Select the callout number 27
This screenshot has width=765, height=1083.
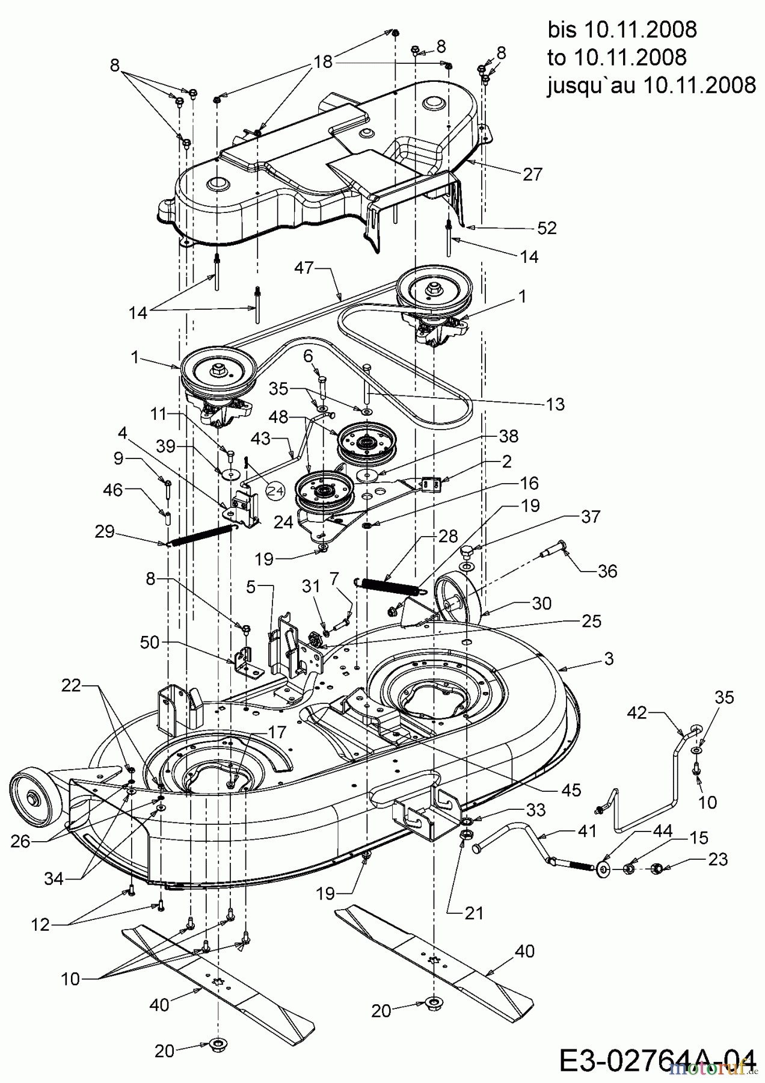(532, 174)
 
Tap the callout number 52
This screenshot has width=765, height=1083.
(547, 228)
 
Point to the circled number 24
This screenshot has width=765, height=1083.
(275, 492)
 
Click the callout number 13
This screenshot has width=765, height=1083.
(555, 404)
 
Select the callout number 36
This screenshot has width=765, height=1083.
(607, 570)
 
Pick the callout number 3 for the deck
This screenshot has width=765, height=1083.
(609, 659)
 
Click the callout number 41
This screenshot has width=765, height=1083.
(586, 831)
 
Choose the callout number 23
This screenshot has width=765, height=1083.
(718, 859)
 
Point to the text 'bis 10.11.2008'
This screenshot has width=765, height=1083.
(622, 29)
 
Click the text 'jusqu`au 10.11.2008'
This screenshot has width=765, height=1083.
(651, 85)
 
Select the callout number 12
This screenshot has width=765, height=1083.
(40, 925)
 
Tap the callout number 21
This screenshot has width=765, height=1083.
(473, 913)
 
